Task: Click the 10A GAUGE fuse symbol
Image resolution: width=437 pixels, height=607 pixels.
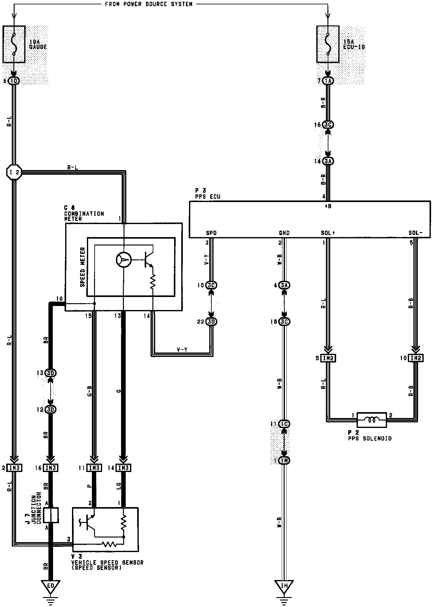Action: coord(14,44)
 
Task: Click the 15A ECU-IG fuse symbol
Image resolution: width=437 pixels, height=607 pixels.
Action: coord(328,44)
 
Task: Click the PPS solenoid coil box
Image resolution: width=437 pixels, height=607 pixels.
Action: coord(372,420)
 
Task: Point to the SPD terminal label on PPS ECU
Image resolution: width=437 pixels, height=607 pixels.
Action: coord(211,233)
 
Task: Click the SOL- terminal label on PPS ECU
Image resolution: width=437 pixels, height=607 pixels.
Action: coord(415,233)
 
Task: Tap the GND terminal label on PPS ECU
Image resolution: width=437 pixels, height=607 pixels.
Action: coord(284,233)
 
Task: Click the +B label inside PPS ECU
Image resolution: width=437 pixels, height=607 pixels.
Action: coord(328,206)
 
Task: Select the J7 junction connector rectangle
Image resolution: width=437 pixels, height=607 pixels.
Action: coord(50,515)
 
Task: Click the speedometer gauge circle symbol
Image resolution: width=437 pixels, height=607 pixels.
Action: coord(124,259)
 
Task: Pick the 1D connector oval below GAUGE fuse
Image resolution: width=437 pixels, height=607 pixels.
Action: coord(14,81)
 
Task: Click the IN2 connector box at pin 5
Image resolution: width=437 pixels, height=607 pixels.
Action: coord(328,358)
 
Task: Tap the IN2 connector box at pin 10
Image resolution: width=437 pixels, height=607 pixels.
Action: coord(415,358)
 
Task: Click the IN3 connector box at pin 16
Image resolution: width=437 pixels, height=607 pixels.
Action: coord(50,468)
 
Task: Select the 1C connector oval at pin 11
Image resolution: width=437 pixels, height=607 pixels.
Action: coord(284,424)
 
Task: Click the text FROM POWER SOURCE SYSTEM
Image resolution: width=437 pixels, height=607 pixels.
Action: coord(148,4)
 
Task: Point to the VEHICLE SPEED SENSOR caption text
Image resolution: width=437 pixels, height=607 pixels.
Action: coord(107,563)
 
